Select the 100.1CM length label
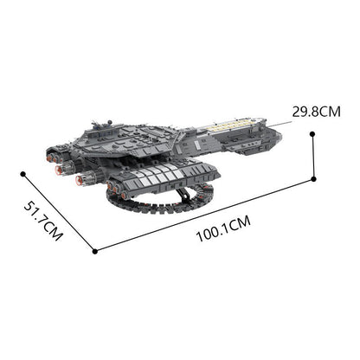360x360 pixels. point(222,223)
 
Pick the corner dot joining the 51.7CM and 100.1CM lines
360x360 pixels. point(93,252)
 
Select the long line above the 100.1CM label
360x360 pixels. point(204,216)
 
